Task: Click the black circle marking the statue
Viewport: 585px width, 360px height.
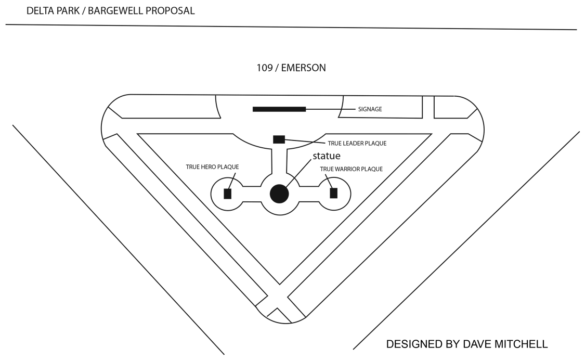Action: [x=279, y=194]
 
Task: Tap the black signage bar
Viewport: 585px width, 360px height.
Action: [x=279, y=109]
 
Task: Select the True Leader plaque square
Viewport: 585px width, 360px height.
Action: [x=279, y=139]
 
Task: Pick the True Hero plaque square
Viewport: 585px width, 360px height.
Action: [x=227, y=194]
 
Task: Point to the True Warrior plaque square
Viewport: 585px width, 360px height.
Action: [x=334, y=193]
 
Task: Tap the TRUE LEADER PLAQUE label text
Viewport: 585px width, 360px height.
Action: [x=357, y=143]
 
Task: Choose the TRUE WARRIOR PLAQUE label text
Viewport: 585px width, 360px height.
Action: [x=351, y=169]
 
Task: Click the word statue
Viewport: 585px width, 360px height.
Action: [x=327, y=156]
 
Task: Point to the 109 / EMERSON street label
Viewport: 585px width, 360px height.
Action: [x=291, y=68]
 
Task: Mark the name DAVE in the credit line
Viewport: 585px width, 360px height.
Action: [x=471, y=344]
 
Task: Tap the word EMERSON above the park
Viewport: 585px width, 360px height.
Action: [x=304, y=68]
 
